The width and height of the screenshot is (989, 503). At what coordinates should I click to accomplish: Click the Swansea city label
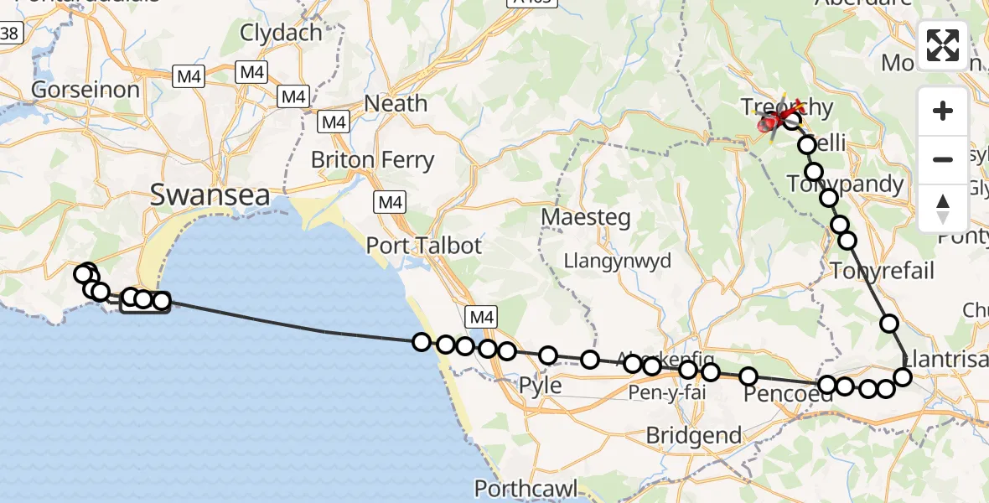[210, 196]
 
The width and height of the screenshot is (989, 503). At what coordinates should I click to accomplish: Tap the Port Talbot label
[424, 246]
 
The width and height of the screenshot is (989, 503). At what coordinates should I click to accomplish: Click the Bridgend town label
[694, 435]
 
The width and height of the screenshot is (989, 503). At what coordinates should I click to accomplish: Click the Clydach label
[281, 33]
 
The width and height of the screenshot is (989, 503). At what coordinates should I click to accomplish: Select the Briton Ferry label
[372, 159]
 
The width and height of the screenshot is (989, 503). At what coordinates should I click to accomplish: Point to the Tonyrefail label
[881, 271]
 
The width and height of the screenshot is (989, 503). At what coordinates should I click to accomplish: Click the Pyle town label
[540, 386]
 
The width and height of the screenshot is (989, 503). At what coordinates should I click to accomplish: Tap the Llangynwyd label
[619, 261]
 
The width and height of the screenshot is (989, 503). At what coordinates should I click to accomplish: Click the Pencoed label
[788, 394]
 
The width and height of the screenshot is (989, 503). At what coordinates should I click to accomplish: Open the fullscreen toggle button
[943, 45]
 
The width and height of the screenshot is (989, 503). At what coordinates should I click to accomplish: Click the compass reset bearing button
[943, 208]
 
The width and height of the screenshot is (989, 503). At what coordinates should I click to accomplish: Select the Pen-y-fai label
[667, 391]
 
